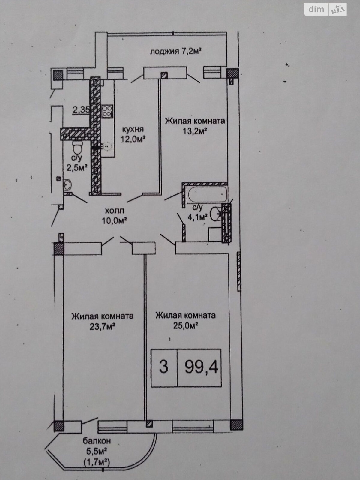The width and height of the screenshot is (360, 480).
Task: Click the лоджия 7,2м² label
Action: (176, 52)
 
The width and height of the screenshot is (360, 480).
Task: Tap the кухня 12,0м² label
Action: (133, 134)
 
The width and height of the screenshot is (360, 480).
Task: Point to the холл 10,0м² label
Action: (115, 215)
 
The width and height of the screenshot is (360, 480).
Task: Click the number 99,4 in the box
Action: (202, 366)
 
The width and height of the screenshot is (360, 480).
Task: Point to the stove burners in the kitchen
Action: (107, 111)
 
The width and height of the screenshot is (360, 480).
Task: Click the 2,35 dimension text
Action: (81, 109)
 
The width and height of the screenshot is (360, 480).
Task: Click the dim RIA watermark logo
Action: (325, 10)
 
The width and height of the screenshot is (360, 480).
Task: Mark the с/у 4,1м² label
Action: (198, 213)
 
